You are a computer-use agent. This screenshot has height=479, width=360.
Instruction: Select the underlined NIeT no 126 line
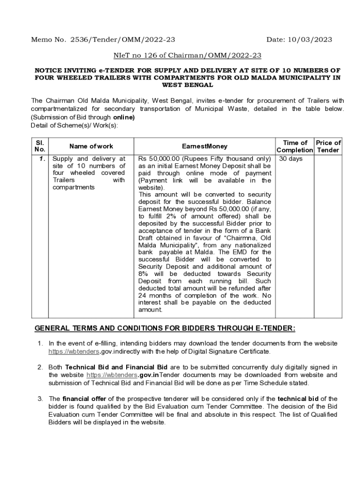click(x=187, y=55)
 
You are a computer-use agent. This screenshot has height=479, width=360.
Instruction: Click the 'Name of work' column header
click(x=91, y=146)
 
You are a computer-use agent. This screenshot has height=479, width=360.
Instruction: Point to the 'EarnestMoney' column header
click(x=204, y=146)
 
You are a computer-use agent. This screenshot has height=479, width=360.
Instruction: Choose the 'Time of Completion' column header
click(x=295, y=146)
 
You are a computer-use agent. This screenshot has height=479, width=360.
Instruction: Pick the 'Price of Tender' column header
click(x=328, y=146)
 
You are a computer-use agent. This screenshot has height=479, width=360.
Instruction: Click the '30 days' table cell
click(x=291, y=159)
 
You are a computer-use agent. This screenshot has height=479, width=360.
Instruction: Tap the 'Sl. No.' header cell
click(x=40, y=146)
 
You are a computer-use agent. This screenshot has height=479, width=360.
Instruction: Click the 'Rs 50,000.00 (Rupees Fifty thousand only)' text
click(x=205, y=159)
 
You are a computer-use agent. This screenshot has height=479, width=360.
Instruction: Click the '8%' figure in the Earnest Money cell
click(x=145, y=274)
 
